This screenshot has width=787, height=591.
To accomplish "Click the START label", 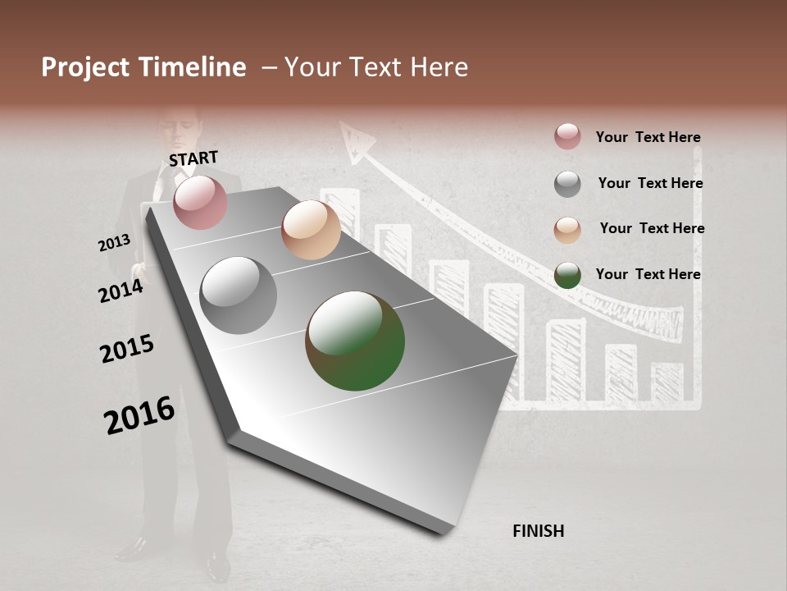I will [193, 158].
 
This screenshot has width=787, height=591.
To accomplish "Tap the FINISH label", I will [538, 531].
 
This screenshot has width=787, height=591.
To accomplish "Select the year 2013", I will [114, 243].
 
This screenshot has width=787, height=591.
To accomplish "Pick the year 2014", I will [121, 291].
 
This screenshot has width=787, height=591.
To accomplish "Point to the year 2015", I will [126, 349].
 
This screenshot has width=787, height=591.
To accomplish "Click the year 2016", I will [139, 415].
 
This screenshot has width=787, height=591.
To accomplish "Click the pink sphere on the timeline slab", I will [200, 202].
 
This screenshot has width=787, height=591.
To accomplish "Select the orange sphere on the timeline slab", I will [311, 230].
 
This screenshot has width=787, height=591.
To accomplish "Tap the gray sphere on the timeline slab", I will [238, 295].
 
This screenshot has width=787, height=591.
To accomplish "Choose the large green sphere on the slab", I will [355, 341].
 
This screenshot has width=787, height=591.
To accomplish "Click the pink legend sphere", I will [567, 137].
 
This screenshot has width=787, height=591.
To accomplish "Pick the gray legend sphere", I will [567, 184].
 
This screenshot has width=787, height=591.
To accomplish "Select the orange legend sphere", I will [567, 230].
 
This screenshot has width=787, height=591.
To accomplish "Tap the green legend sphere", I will [567, 275].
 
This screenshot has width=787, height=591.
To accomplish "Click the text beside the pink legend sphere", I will [648, 138].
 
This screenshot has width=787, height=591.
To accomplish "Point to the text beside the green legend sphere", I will [648, 274].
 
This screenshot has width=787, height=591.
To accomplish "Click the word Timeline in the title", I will [191, 67].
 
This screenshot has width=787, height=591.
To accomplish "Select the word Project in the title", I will [85, 67].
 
